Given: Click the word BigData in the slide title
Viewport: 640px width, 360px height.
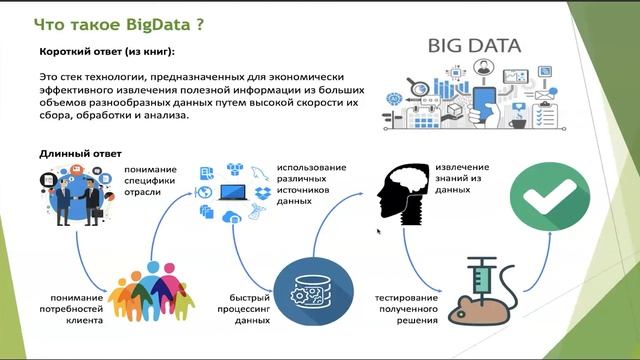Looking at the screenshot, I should click(x=150, y=21).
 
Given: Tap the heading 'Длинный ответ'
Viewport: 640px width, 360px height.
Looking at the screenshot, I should click(x=80, y=154).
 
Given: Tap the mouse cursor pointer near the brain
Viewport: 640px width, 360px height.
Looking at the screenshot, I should click(x=378, y=232).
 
